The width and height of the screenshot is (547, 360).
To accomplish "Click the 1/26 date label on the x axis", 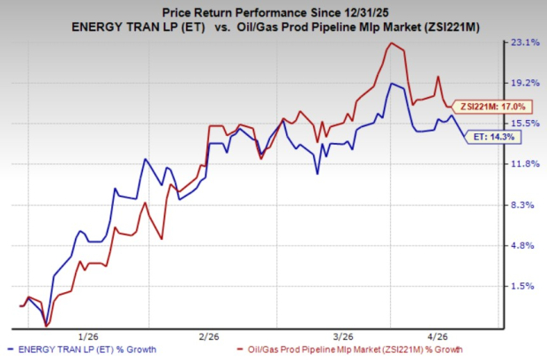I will click(x=88, y=336).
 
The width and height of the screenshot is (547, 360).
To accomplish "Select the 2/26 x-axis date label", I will click(x=209, y=336).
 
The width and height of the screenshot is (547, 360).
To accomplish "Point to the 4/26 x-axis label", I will click(x=438, y=336).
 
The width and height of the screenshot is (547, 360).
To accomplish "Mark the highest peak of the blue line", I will click(x=391, y=84).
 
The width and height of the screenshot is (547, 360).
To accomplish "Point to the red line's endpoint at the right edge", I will click(x=453, y=107).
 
